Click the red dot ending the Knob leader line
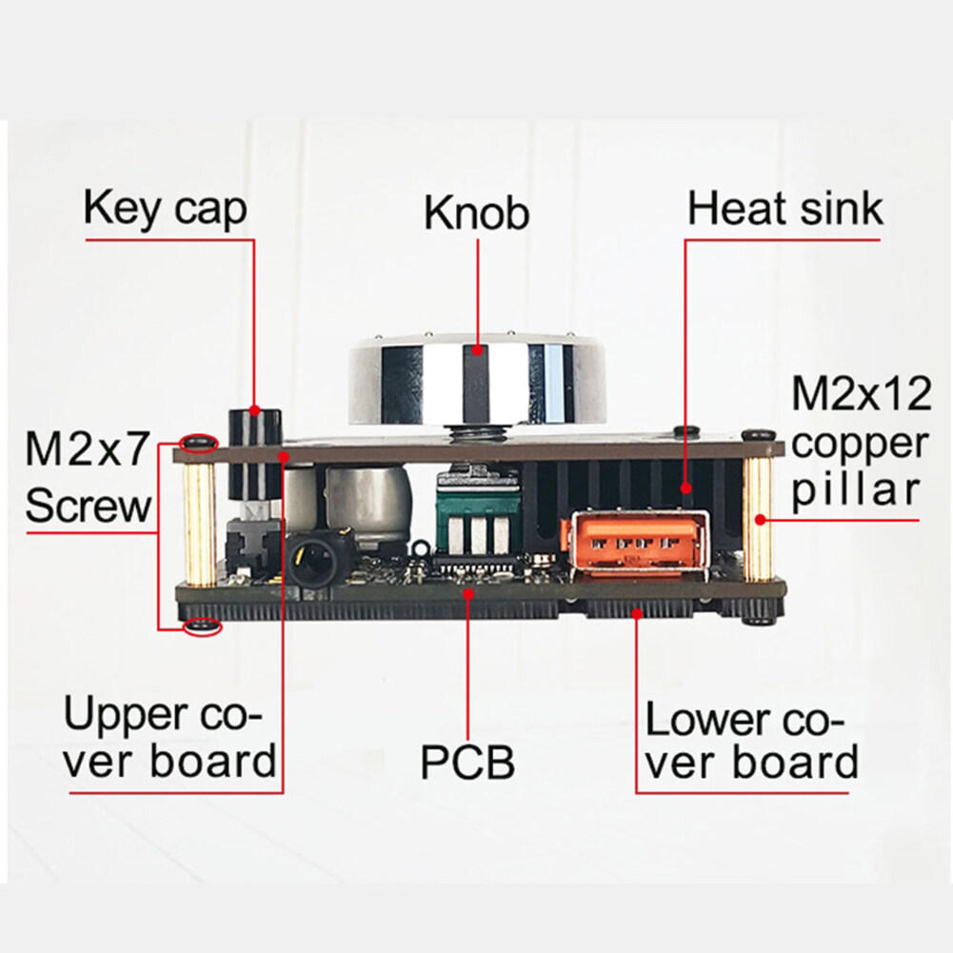478,350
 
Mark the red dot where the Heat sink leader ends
686,487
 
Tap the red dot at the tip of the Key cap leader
254,410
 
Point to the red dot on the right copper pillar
760,519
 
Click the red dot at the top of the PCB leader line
468,592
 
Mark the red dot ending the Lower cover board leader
637,613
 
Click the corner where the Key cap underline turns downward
253,241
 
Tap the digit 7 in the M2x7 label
135,448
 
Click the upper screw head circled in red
199,442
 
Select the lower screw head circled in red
203,626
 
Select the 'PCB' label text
467,763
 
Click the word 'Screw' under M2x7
89,506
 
